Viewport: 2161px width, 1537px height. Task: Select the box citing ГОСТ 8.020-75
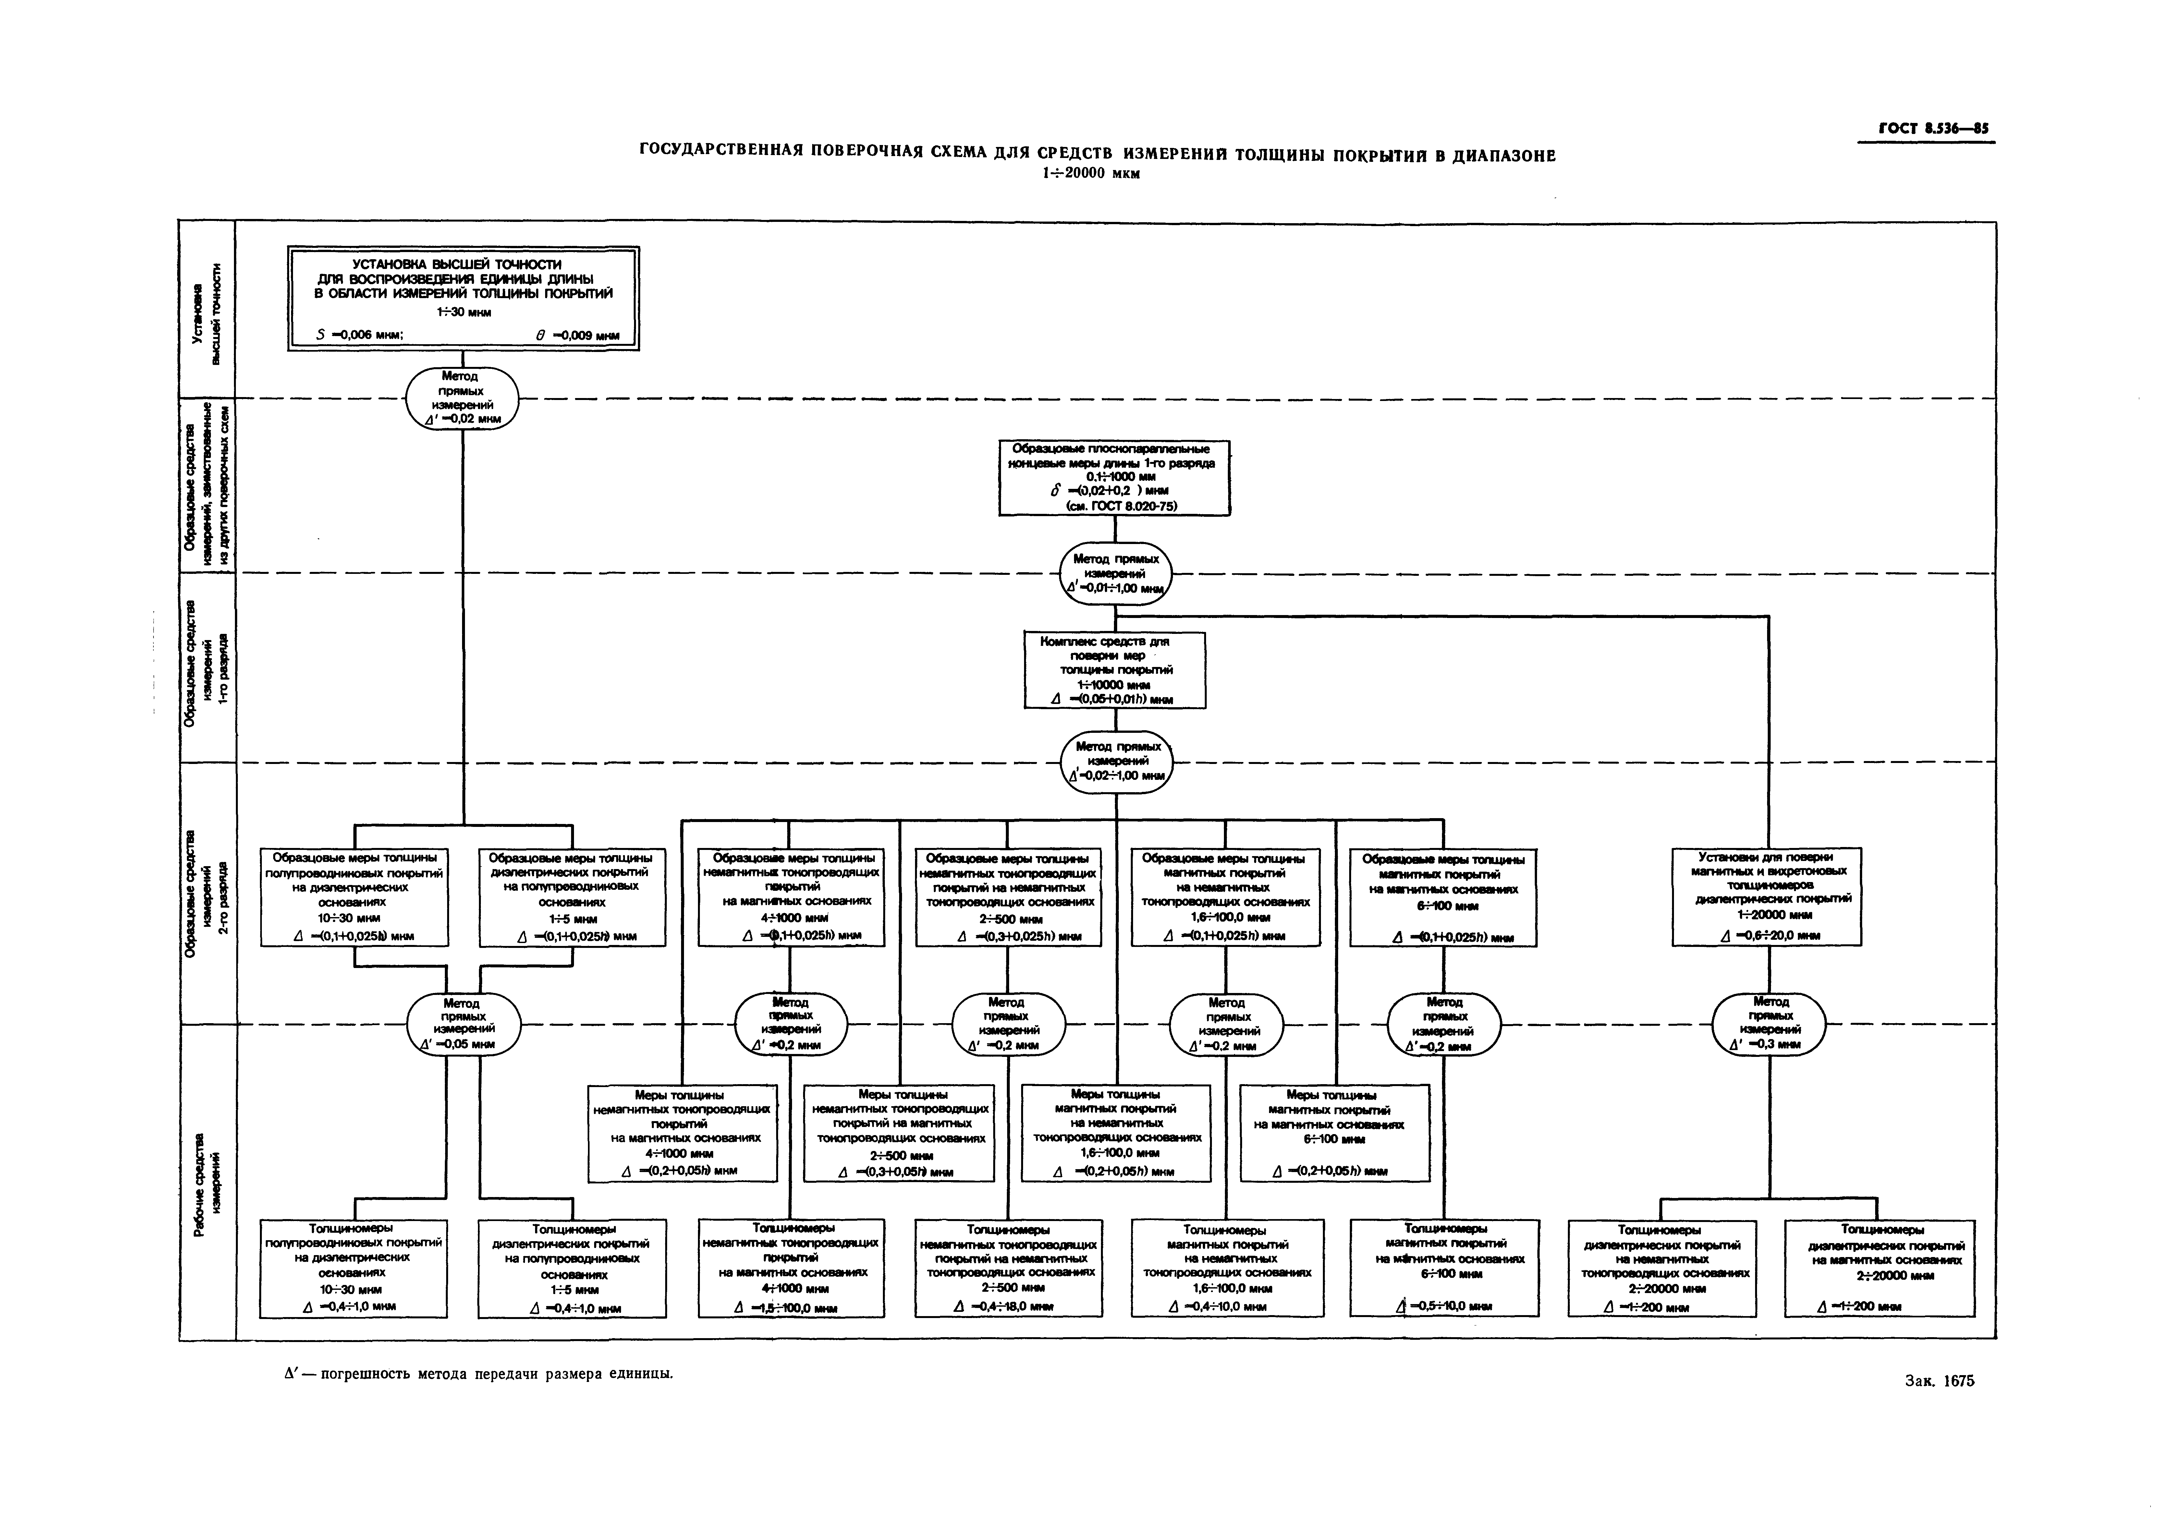click(1114, 478)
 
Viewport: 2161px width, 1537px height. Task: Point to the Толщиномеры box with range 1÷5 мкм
click(572, 1268)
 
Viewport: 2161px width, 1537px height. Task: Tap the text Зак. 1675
click(1938, 1381)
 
